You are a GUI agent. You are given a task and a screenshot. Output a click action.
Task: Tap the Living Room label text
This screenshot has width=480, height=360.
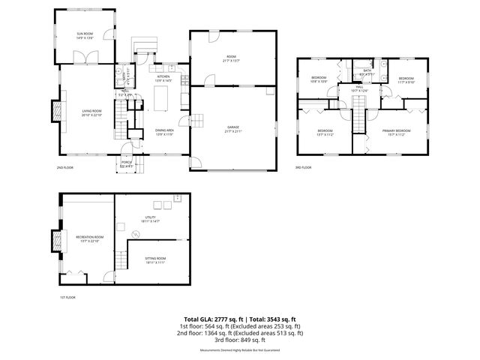click(x=91, y=112)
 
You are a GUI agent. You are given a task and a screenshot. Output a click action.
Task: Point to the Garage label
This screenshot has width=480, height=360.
click(x=232, y=128)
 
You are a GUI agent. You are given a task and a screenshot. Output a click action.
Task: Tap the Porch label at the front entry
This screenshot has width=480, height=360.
click(x=127, y=165)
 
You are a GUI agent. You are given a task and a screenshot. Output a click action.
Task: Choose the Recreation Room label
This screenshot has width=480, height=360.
click(x=89, y=238)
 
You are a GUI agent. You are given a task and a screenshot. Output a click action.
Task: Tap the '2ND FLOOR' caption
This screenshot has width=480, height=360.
click(x=65, y=168)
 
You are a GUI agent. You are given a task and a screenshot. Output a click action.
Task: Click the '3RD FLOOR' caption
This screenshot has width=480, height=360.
click(x=303, y=167)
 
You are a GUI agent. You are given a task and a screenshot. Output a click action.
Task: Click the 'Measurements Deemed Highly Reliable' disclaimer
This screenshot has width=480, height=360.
click(x=241, y=350)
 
